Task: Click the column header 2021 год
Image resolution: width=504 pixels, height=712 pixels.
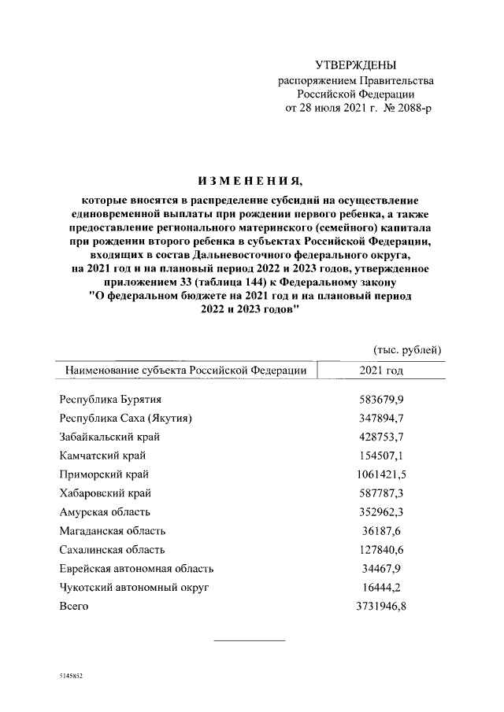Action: pyautogui.click(x=381, y=369)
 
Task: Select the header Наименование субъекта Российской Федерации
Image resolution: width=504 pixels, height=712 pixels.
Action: pyautogui.click(x=186, y=370)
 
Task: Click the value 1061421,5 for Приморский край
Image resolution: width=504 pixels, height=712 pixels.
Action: pyautogui.click(x=381, y=474)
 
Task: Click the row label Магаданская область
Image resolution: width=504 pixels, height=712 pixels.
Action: pyautogui.click(x=113, y=531)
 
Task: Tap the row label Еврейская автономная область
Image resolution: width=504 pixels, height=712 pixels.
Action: pyautogui.click(x=136, y=569)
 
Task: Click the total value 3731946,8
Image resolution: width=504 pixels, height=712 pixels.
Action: pyautogui.click(x=381, y=606)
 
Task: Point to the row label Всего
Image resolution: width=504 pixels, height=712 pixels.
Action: pyautogui.click(x=74, y=606)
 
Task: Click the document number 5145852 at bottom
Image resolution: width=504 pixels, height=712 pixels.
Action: pyautogui.click(x=71, y=676)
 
